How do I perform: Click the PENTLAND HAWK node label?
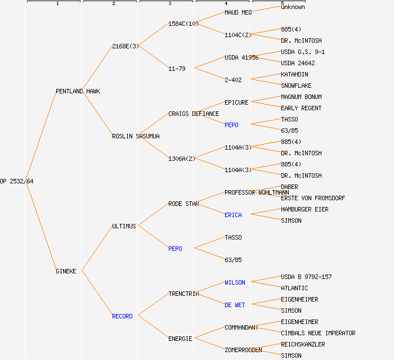tap(78, 91)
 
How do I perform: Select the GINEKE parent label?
tap(66, 271)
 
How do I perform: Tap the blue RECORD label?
tap(122, 316)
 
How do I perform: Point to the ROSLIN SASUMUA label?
tap(136, 136)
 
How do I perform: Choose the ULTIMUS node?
tap(124, 226)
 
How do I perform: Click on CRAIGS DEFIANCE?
tap(194, 114)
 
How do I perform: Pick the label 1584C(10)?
tap(183, 24)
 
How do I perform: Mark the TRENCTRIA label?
tap(183, 294)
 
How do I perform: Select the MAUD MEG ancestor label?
tap(238, 12)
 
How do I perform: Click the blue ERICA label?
tap(233, 215)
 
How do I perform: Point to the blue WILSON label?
tap(235, 282)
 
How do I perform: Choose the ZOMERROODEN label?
tap(243, 350)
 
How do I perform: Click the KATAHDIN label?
tap(294, 74)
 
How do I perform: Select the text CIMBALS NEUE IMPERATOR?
tap(318, 333)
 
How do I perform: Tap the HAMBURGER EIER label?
tap(305, 209)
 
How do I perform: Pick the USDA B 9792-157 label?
tap(306, 277)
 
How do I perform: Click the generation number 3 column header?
tap(169, 4)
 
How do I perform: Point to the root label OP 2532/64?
tap(17, 181)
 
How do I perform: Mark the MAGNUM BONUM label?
tap(301, 97)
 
